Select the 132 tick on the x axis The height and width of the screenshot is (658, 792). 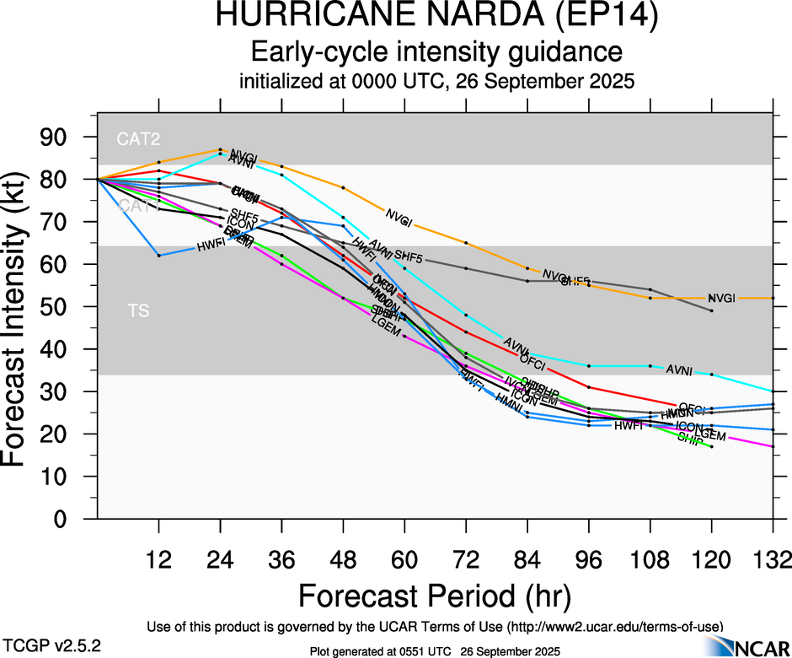click(x=773, y=560)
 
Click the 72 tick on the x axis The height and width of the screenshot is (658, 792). click(x=465, y=560)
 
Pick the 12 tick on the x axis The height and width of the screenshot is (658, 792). click(x=158, y=560)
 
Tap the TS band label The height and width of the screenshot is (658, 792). click(x=139, y=310)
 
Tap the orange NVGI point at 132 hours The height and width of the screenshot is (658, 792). click(x=773, y=298)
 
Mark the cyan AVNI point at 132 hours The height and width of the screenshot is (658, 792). click(x=773, y=391)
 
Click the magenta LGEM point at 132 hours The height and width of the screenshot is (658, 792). click(x=773, y=446)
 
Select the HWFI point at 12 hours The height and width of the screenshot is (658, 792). click(x=158, y=255)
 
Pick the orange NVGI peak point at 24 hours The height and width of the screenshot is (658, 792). click(x=220, y=149)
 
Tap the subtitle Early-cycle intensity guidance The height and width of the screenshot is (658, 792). click(x=436, y=52)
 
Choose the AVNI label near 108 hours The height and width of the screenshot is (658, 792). click(x=679, y=369)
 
